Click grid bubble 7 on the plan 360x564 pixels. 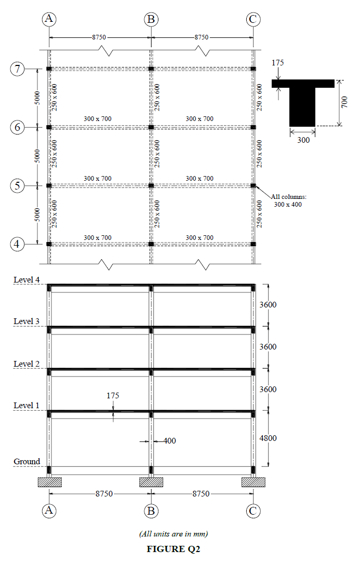[18, 69]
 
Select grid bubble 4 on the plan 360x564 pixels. [18, 244]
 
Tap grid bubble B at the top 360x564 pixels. [151, 19]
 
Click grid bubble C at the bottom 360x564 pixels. [253, 511]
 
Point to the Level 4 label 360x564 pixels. [26, 280]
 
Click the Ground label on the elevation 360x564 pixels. [26, 462]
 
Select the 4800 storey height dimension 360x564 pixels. [268, 438]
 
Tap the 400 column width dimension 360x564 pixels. [170, 441]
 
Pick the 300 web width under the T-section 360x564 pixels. [302, 140]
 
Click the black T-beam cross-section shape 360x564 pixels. [302, 101]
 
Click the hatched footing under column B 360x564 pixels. [151, 482]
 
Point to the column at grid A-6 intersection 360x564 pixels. [49, 127]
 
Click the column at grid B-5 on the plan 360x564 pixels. [151, 185]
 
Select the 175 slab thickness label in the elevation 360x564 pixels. [113, 396]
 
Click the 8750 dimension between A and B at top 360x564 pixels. [99, 37]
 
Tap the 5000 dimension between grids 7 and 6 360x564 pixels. [37, 98]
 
